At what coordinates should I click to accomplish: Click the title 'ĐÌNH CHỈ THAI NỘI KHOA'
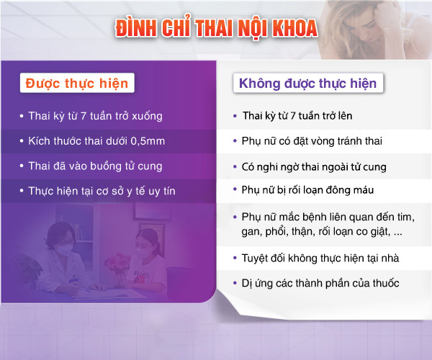[216, 27]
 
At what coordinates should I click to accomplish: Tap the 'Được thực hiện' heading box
[77, 83]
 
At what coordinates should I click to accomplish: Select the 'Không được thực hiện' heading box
[308, 83]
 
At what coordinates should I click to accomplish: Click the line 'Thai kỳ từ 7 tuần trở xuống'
[95, 116]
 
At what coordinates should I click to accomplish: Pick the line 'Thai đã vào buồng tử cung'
[95, 166]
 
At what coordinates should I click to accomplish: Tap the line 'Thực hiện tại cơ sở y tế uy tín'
[102, 191]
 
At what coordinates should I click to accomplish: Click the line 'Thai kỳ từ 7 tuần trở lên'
[297, 116]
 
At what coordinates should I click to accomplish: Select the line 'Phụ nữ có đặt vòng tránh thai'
[312, 141]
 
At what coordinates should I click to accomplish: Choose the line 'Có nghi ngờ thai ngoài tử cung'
[314, 167]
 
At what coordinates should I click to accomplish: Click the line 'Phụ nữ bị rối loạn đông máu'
[307, 190]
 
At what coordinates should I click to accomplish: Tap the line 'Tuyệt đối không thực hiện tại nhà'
[320, 258]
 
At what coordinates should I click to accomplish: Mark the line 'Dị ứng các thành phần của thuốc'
[320, 283]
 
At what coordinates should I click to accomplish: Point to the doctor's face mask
[65, 251]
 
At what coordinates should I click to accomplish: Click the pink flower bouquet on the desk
[118, 264]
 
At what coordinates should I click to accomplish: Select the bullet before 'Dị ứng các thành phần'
[235, 283]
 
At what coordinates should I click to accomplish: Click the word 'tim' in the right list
[406, 217]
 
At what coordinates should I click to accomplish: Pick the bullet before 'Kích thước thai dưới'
[22, 141]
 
